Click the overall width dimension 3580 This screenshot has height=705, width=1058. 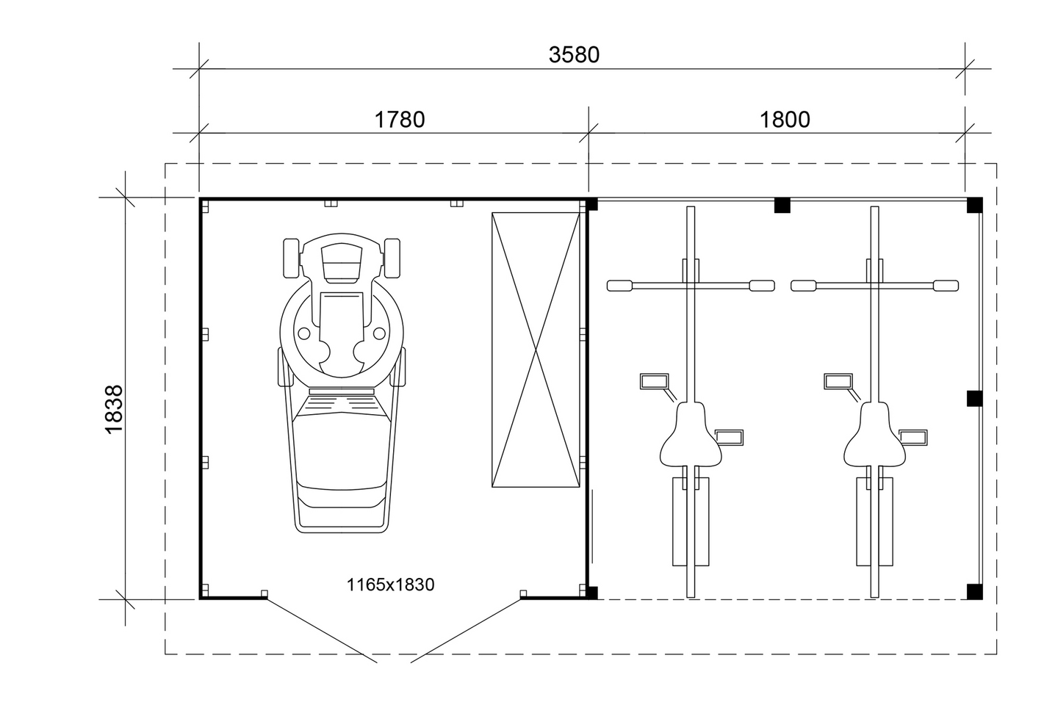574,55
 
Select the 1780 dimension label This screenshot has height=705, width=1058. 400,120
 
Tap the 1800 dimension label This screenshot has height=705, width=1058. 785,120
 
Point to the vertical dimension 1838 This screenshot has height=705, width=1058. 115,409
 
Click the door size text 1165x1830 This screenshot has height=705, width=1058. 390,585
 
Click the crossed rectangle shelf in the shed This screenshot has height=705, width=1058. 536,350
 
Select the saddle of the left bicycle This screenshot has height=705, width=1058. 691,435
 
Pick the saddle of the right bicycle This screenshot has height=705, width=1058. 875,435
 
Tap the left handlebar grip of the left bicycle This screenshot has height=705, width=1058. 619,286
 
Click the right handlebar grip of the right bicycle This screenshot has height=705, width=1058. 946,286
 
